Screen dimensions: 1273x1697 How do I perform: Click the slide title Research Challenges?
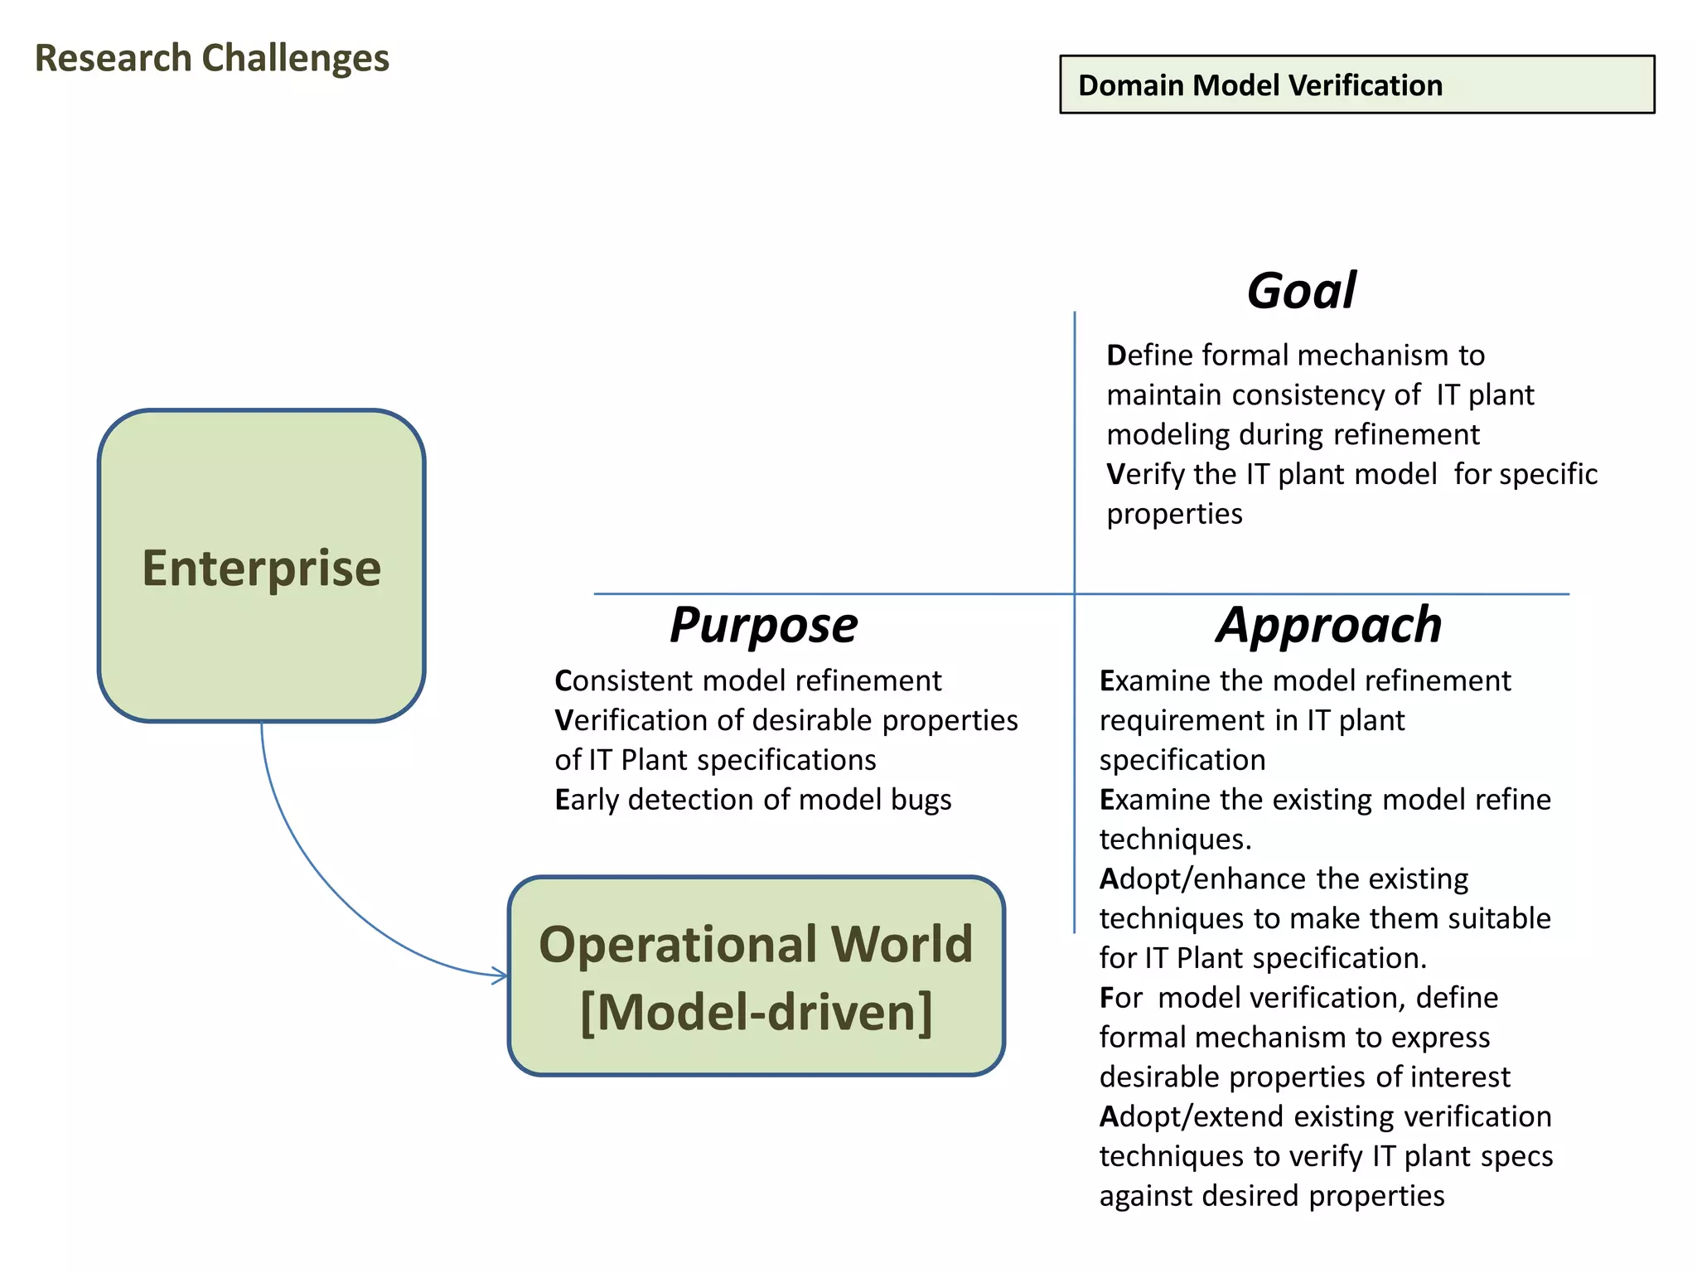(x=211, y=59)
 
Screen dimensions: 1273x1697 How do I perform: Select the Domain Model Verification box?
(x=1356, y=85)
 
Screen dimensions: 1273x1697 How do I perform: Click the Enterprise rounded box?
(x=261, y=566)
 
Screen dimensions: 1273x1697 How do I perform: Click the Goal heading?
(x=1301, y=291)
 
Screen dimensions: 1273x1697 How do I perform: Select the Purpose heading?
(x=763, y=625)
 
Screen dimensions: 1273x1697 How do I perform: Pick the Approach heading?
(x=1329, y=625)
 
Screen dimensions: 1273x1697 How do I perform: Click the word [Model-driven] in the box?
(x=756, y=1012)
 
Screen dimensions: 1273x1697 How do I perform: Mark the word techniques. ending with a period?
(x=1175, y=840)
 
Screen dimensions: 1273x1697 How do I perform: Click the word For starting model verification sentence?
(x=1121, y=998)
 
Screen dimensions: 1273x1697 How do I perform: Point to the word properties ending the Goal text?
(x=1174, y=514)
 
